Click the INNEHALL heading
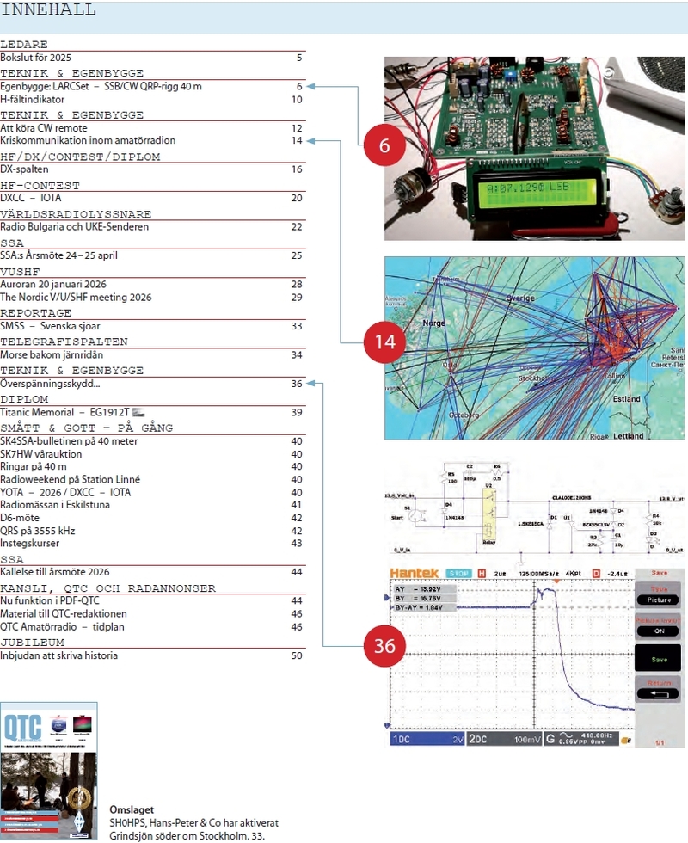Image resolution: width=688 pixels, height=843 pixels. pyautogui.click(x=48, y=10)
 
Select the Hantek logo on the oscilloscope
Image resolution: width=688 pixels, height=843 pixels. pyautogui.click(x=415, y=573)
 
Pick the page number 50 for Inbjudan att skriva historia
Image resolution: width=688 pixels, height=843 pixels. pyautogui.click(x=297, y=656)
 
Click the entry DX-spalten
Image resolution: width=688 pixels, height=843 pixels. pyautogui.click(x=24, y=169)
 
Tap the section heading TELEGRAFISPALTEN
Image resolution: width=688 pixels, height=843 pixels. pyautogui.click(x=64, y=342)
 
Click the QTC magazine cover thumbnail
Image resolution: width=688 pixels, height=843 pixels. pyautogui.click(x=49, y=770)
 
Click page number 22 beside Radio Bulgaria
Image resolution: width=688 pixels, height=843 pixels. pyautogui.click(x=297, y=227)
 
